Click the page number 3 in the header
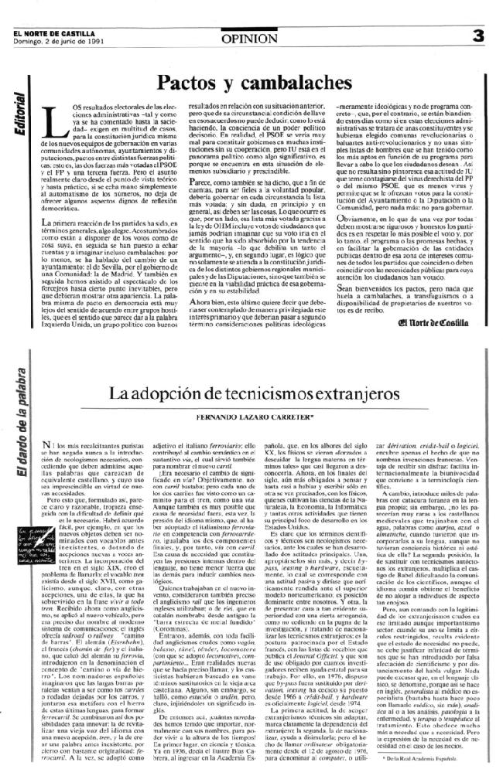(479, 13)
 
